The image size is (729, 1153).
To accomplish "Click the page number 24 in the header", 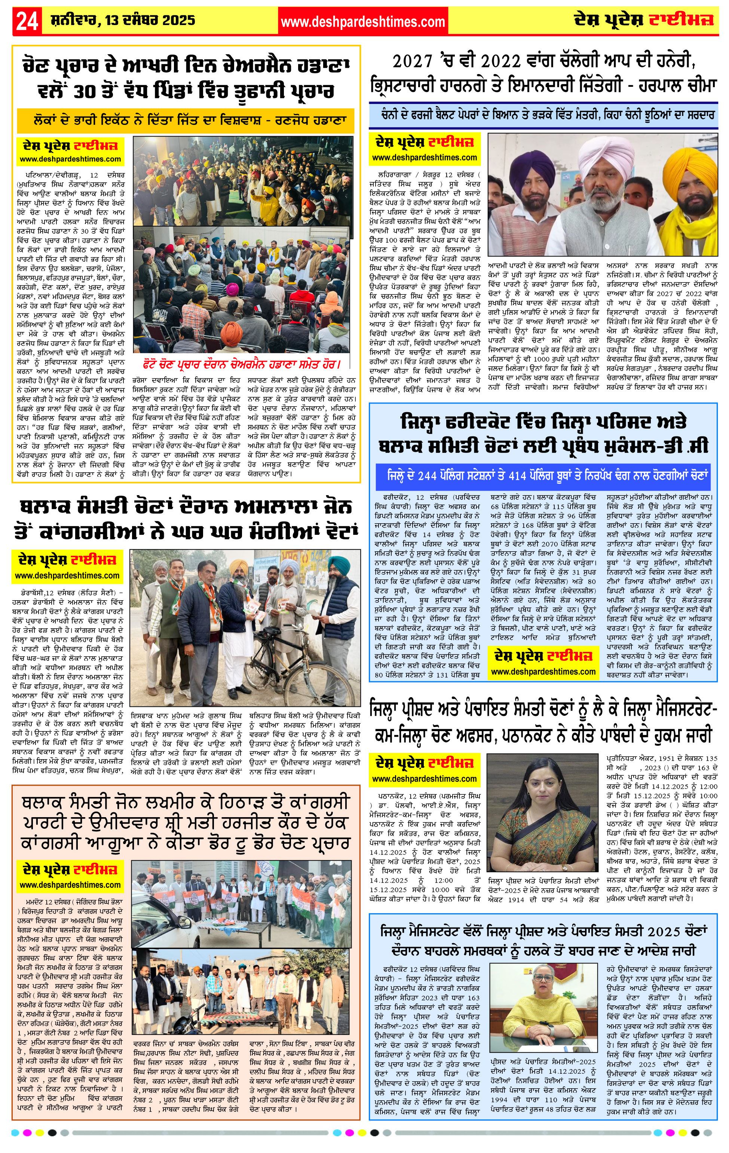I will click(27, 21).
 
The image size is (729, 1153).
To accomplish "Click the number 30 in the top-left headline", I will click(85, 91).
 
